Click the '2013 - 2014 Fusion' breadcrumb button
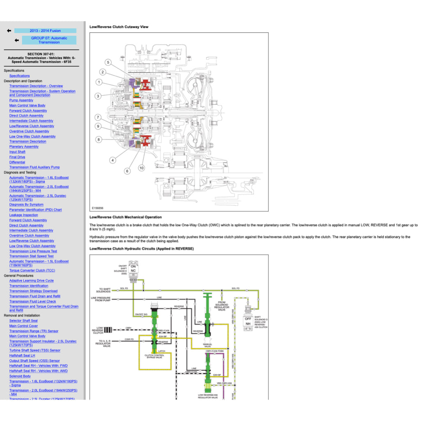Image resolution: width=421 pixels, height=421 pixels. [45, 31]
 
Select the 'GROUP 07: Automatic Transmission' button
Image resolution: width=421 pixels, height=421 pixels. [49, 40]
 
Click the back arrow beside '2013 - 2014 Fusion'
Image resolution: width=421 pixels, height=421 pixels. [9, 31]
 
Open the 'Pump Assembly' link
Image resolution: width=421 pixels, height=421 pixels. [21, 100]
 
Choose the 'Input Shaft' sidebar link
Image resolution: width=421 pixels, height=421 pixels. [17, 152]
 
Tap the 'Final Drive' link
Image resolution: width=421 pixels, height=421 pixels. [17, 157]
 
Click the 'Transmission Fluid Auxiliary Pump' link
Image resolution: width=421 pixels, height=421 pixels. [35, 167]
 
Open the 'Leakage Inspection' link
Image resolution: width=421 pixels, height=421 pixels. [23, 215]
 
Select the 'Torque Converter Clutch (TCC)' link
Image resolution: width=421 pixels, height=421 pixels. [32, 271]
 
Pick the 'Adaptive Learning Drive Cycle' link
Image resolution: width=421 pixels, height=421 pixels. [32, 281]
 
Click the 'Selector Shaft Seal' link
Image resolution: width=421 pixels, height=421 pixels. [23, 321]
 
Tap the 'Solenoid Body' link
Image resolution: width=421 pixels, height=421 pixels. [20, 376]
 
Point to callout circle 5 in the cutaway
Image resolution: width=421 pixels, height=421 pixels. [108, 62]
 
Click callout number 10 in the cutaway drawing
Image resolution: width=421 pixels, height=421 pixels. [141, 168]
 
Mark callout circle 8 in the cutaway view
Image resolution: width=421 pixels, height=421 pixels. [99, 140]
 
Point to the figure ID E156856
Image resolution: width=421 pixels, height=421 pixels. [98, 208]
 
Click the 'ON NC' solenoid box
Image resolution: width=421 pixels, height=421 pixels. [133, 268]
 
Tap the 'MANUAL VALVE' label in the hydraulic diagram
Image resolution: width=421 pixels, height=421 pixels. [207, 346]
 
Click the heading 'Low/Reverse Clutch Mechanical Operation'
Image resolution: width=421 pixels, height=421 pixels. [125, 217]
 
